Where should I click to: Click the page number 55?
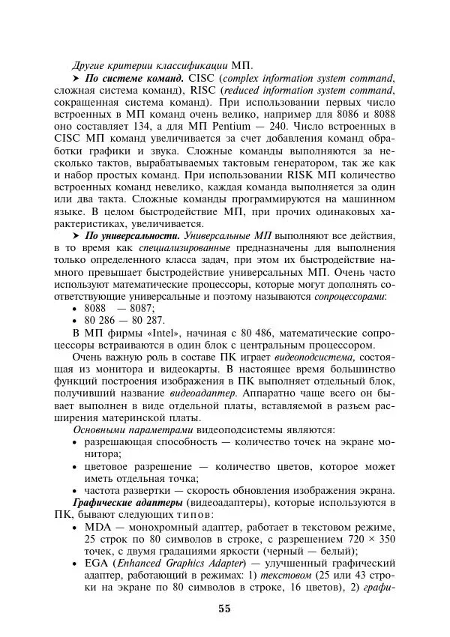click(224, 608)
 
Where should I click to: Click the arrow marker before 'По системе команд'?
click(76, 77)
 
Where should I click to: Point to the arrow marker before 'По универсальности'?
click(76, 236)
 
